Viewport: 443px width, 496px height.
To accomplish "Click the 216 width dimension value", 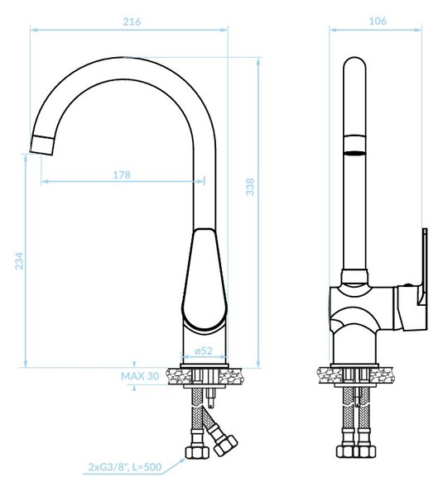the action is tap(132, 21).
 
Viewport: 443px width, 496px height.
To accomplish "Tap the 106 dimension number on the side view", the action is tap(378, 21).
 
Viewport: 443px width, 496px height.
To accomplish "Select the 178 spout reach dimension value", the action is tap(122, 174).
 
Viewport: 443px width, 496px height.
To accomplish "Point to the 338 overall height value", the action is tap(250, 187).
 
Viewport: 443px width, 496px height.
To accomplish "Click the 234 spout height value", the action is tap(19, 260).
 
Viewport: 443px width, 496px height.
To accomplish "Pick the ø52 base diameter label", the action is tap(204, 351).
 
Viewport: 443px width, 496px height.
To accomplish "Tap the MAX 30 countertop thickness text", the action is tap(140, 376).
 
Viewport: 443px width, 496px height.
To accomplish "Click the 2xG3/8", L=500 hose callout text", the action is tap(125, 466).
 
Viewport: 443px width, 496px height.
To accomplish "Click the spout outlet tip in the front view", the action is tap(41, 145).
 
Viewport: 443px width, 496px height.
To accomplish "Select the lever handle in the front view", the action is tap(205, 281).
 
